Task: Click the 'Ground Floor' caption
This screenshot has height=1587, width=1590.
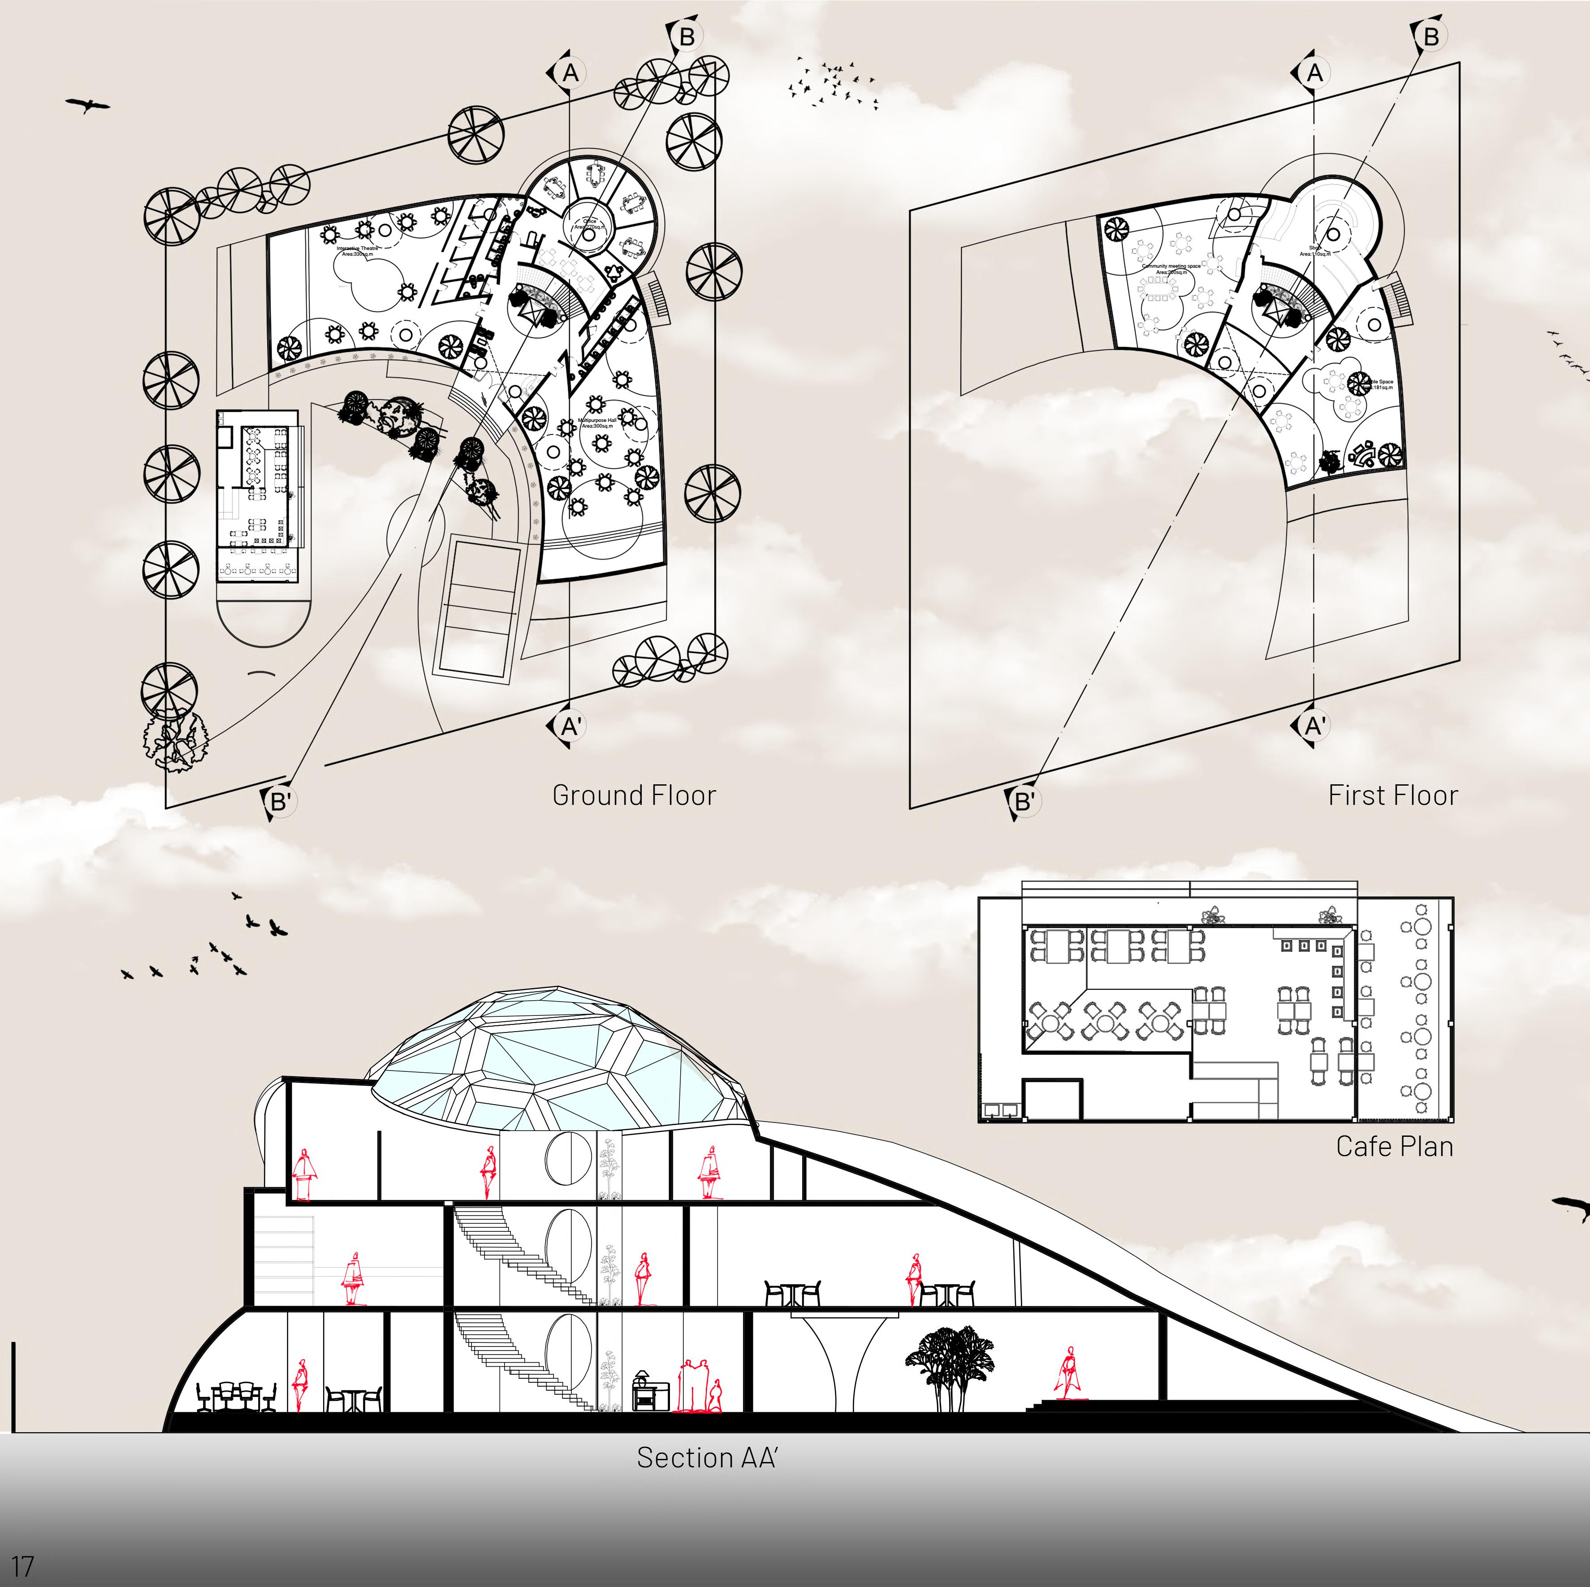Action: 634,796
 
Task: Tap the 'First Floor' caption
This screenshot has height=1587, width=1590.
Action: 1392,796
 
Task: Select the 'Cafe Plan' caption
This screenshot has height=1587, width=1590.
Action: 1394,1146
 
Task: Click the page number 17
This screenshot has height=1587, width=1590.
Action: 22,1565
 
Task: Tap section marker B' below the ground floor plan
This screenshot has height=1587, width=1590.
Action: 280,801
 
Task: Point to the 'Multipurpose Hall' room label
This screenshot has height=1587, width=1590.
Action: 596,422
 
